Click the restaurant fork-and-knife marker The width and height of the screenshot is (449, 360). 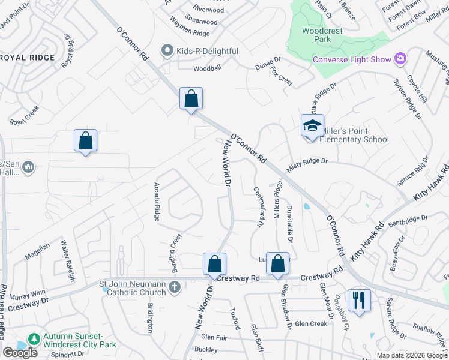coord(359,300)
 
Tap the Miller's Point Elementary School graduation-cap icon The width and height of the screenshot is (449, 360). coord(312,126)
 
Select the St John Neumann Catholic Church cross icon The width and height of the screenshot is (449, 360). coord(175,287)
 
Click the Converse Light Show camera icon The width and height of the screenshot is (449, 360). coord(400,59)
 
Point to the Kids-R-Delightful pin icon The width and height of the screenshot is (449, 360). coord(167,51)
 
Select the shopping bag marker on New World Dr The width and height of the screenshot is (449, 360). coord(214,264)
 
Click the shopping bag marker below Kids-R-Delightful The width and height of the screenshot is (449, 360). coord(191,99)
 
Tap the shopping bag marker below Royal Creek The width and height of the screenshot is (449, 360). coord(86,141)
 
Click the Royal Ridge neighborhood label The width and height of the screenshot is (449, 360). coord(28,58)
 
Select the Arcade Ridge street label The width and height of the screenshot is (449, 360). coord(157,202)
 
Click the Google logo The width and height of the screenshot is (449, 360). coord(20,353)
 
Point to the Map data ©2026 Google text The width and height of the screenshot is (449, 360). coord(412,355)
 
